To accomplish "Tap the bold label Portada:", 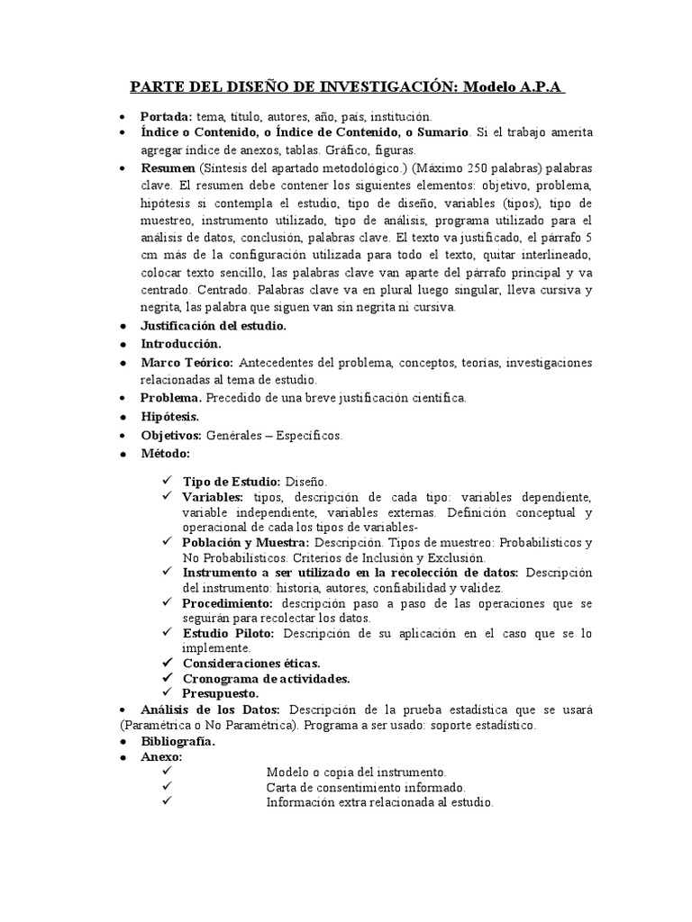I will tap(166, 117).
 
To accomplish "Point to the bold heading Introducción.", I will tap(180, 344).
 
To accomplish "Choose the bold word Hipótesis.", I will tap(169, 417).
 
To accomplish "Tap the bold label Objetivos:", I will tap(171, 435).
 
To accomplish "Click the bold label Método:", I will tap(165, 453).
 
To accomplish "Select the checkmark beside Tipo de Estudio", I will tap(168, 481).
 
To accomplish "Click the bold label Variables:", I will tap(213, 497).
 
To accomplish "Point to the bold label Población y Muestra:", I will tap(246, 542).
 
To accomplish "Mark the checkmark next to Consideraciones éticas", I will tap(168, 663).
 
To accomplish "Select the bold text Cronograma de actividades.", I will tap(266, 678).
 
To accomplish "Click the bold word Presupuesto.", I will tap(221, 693).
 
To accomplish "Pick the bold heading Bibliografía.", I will tap(178, 741).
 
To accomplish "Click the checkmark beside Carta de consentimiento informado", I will tap(168, 787).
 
